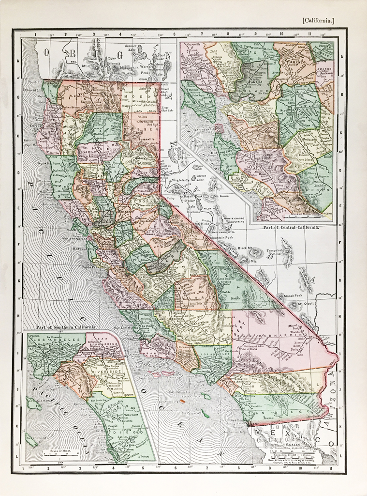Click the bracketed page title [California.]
318,20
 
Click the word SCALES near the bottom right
294,443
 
